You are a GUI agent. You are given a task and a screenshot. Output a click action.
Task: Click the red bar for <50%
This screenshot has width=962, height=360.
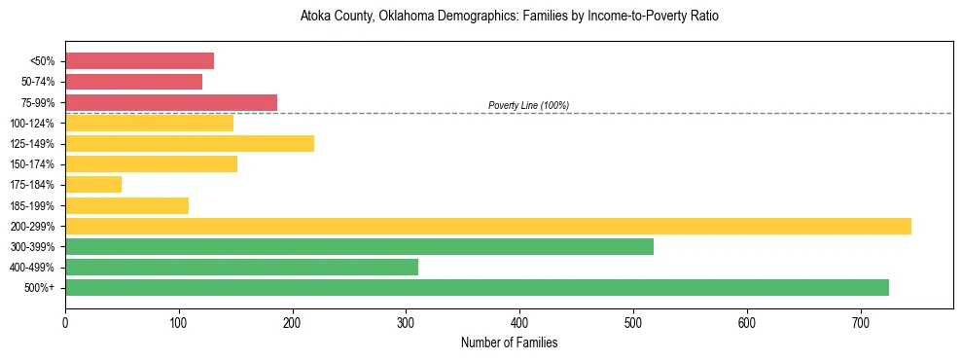pyautogui.click(x=139, y=61)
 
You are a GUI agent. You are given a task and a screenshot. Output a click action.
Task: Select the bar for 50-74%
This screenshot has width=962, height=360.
pyautogui.click(x=133, y=82)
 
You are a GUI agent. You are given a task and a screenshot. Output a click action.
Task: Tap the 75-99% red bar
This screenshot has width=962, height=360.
pyautogui.click(x=171, y=102)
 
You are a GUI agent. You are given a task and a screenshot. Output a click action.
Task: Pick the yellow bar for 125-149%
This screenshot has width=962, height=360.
pyautogui.click(x=190, y=144)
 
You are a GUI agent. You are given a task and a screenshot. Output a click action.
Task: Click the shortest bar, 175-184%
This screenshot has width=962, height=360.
pyautogui.click(x=93, y=185)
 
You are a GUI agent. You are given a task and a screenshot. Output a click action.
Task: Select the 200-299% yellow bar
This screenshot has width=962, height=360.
pyautogui.click(x=487, y=226)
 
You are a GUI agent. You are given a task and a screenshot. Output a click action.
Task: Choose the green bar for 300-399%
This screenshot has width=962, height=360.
pyautogui.click(x=359, y=246)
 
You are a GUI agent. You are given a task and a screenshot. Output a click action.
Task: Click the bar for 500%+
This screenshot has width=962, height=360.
pyautogui.click(x=477, y=287)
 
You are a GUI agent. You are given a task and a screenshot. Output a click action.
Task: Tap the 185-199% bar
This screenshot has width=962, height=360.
pyautogui.click(x=126, y=205)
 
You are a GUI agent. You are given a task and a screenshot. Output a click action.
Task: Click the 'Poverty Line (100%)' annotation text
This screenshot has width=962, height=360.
pyautogui.click(x=528, y=105)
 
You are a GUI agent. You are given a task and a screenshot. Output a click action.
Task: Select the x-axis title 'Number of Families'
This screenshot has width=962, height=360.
pyautogui.click(x=509, y=342)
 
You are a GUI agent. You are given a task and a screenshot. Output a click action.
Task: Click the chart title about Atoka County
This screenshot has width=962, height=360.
pyautogui.click(x=509, y=17)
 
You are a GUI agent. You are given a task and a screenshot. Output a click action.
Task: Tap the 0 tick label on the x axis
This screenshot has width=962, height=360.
pyautogui.click(x=65, y=322)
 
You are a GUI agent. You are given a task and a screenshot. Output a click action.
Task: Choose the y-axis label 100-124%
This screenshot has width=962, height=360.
pyautogui.click(x=32, y=124)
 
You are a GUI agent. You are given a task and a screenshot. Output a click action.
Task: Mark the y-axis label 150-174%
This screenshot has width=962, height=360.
pyautogui.click(x=32, y=164)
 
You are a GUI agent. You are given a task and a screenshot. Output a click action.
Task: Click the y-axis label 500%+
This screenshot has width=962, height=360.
pyautogui.click(x=39, y=288)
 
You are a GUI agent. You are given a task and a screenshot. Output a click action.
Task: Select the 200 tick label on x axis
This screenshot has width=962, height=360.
pyautogui.click(x=292, y=322)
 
